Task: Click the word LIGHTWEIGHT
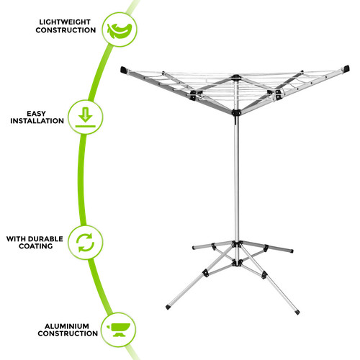click(x=65, y=22)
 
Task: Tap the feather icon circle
click(x=120, y=30)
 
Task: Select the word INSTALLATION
click(x=37, y=121)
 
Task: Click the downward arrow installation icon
click(x=86, y=117)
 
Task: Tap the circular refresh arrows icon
click(x=86, y=243)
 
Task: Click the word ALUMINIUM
click(x=67, y=326)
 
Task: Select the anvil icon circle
click(x=118, y=330)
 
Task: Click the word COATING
click(x=36, y=246)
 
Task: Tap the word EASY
click(x=36, y=114)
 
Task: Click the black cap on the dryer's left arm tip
click(x=124, y=70)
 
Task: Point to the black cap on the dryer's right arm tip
click(x=346, y=68)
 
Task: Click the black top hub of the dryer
click(x=236, y=77)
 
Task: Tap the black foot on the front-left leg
click(x=168, y=307)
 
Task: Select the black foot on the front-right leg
click(x=297, y=312)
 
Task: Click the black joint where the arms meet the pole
click(x=236, y=112)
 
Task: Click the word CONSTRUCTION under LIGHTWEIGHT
click(x=66, y=30)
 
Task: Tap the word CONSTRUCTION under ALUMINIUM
click(x=68, y=333)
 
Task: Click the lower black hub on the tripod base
click(x=237, y=264)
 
